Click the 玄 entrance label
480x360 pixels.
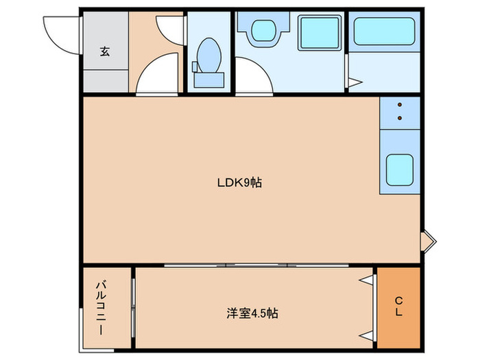[x=105, y=51]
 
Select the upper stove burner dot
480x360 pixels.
[x=399, y=106]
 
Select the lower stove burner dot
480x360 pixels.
[x=399, y=118]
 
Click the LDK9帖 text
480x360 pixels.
[x=239, y=182]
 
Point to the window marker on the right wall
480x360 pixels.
[x=429, y=240]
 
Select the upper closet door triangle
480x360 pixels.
[x=367, y=279]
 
